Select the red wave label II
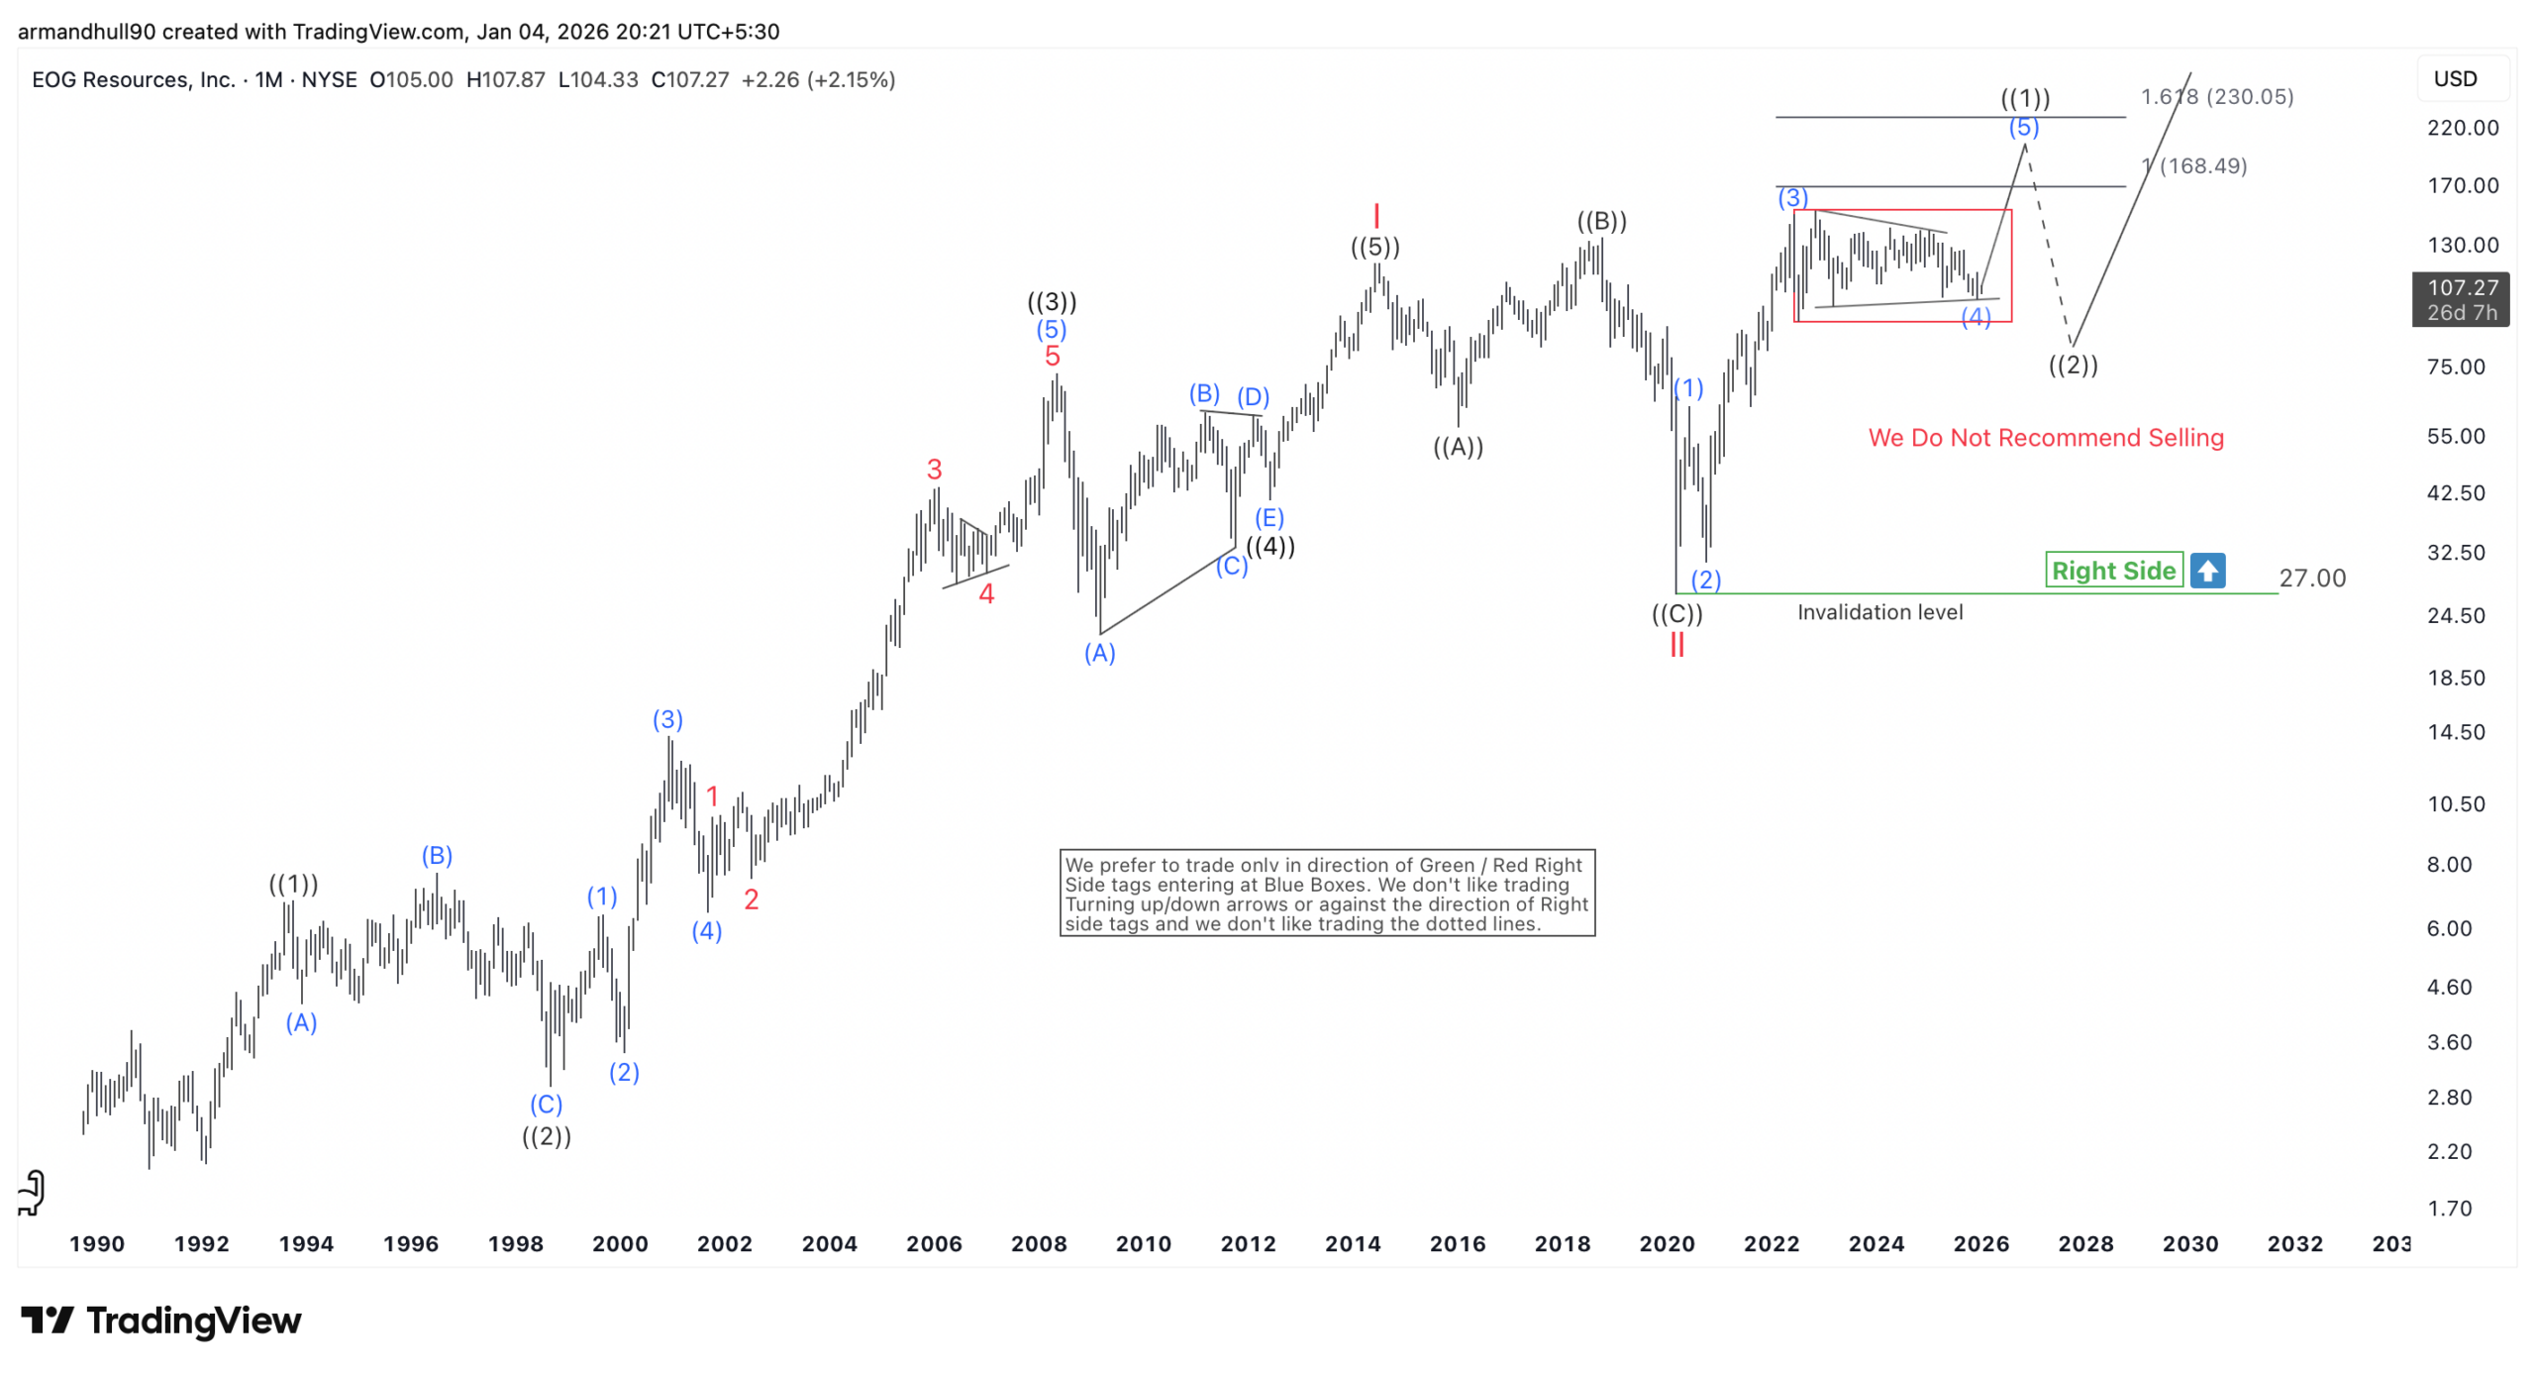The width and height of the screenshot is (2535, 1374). coord(1675,645)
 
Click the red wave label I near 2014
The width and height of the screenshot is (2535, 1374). coord(1375,215)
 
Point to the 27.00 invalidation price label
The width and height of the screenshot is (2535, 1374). coord(2311,578)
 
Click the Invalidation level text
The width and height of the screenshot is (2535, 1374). coord(1878,612)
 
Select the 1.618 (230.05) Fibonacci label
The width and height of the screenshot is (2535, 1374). coord(2216,96)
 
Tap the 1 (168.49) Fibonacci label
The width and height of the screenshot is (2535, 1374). coord(2194,165)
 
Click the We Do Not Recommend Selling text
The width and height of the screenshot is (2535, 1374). coord(2045,437)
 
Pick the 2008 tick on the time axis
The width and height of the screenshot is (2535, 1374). coord(1038,1243)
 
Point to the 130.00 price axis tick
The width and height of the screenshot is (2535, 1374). coord(2462,245)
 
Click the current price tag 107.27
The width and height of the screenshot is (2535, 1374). coord(2461,298)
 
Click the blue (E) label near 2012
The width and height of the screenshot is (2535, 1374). coord(1268,517)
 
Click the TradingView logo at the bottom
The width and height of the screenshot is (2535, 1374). coord(160,1320)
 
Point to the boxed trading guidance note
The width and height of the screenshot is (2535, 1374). coord(1326,893)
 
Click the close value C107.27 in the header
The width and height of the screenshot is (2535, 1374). coord(689,79)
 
